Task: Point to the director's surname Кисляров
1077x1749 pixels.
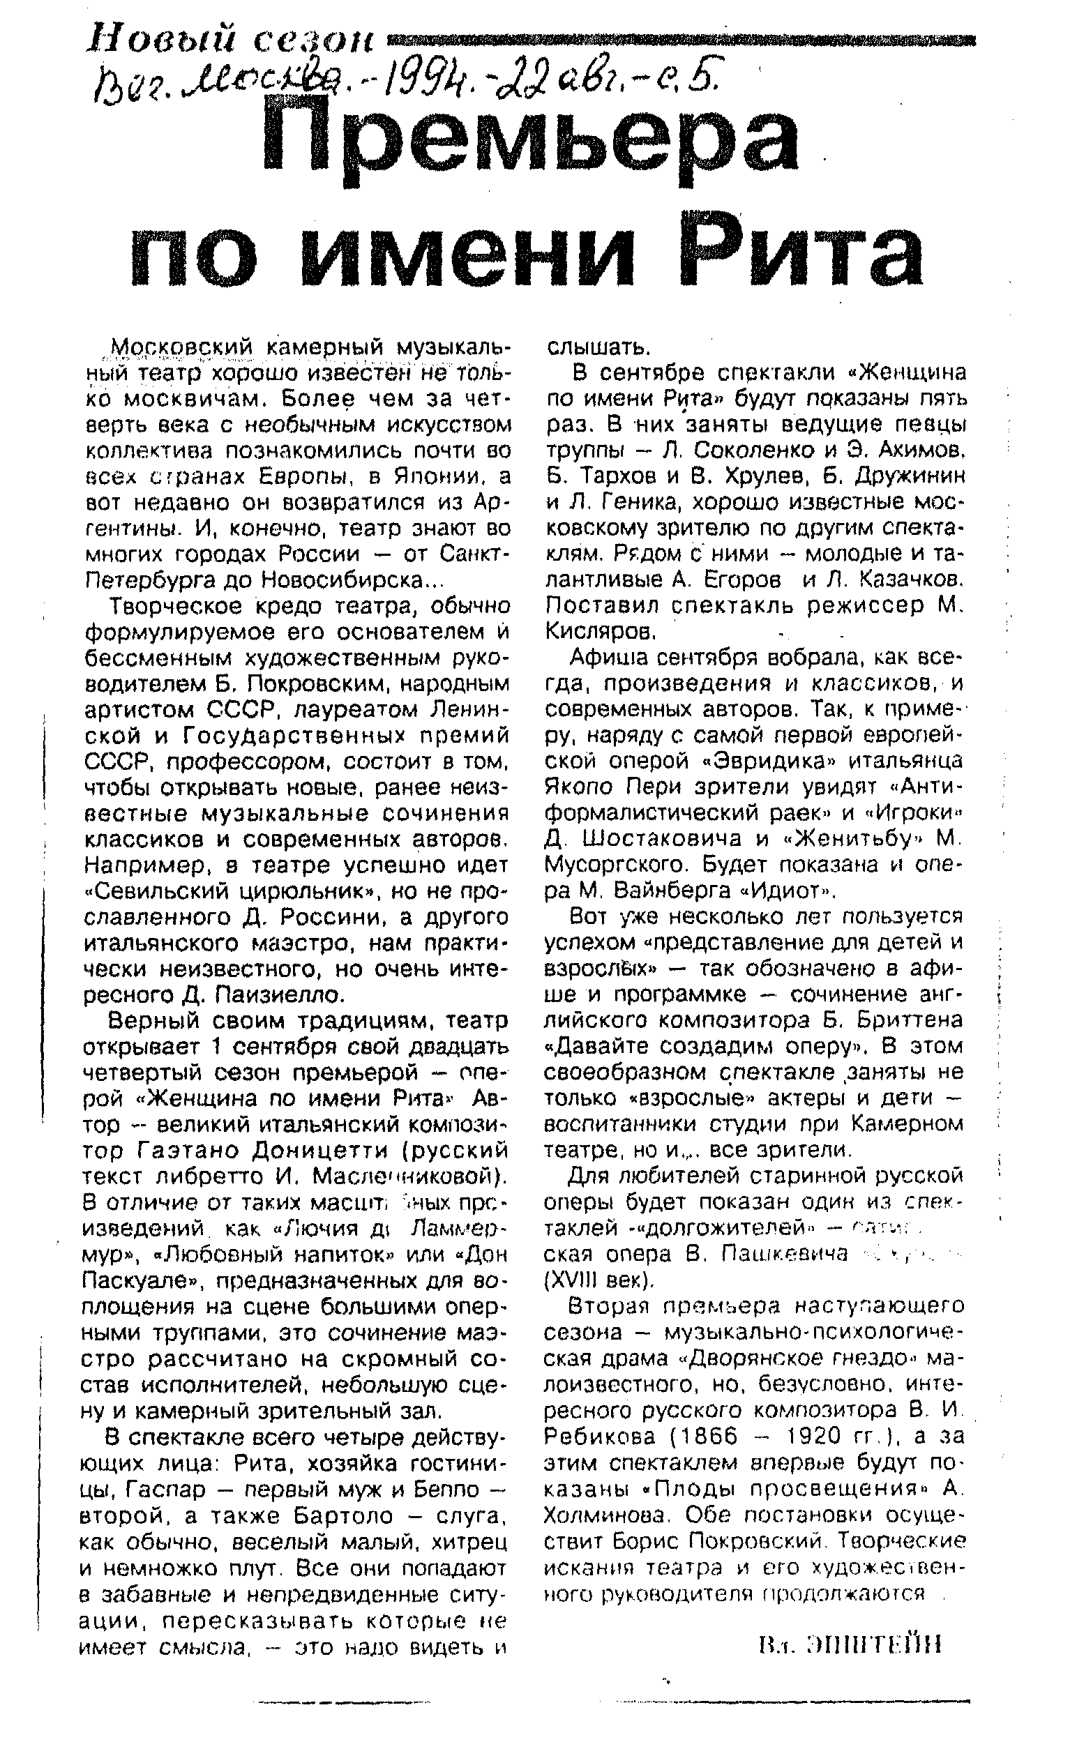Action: click(600, 632)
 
